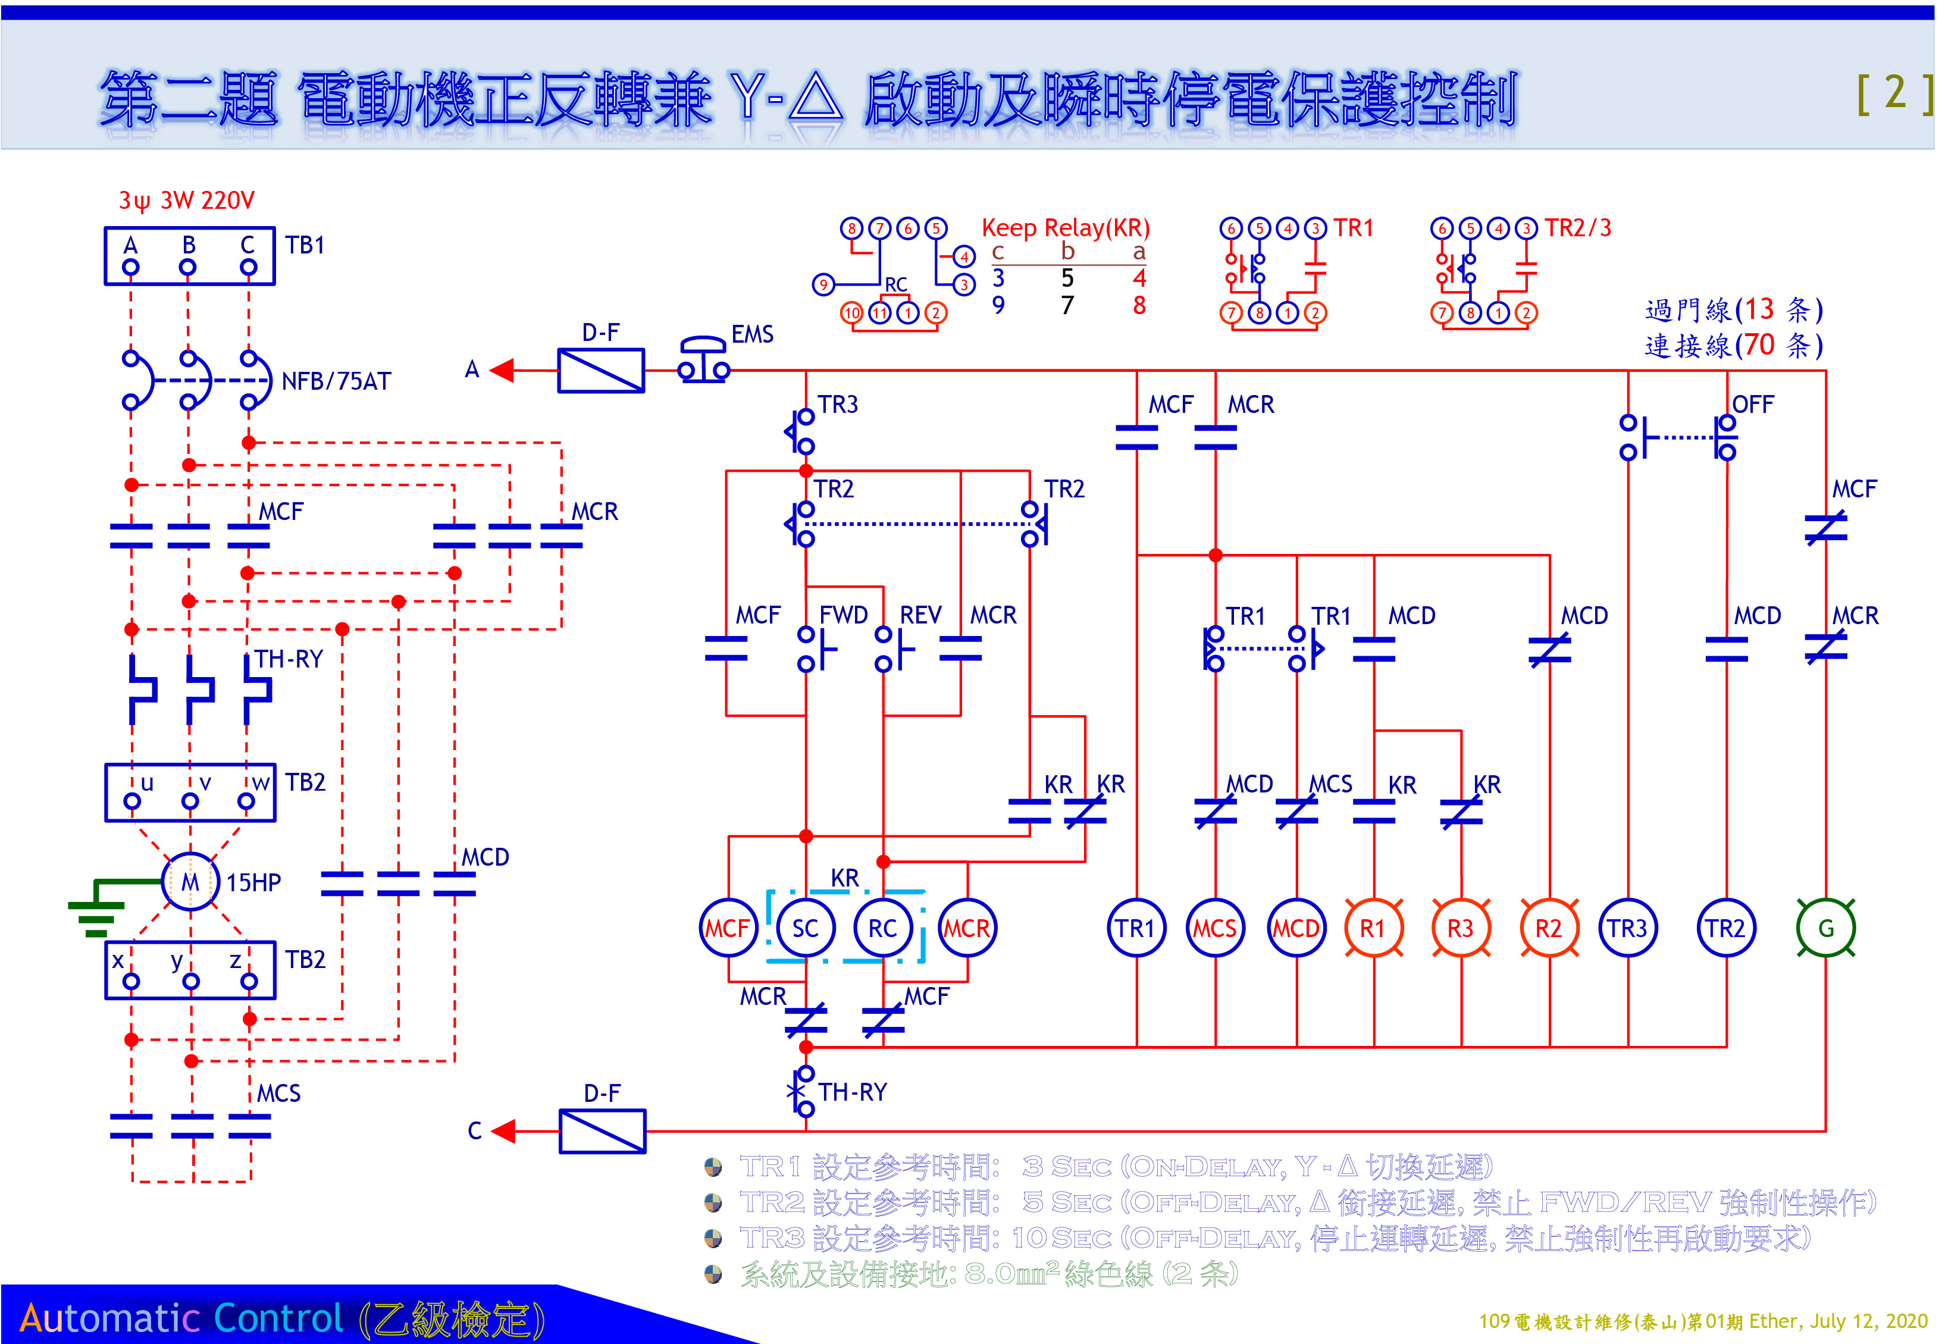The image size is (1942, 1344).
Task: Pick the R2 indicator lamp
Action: [x=1548, y=928]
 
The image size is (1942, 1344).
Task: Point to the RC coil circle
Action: [x=882, y=928]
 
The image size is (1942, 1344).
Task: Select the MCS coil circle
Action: [x=1214, y=928]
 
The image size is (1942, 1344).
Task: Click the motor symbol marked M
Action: [x=190, y=882]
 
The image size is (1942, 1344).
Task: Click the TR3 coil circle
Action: [x=1627, y=928]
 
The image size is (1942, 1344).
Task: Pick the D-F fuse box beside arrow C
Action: [x=602, y=1131]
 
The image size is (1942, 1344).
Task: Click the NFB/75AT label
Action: [x=336, y=381]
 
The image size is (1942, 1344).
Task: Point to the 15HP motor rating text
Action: [x=253, y=882]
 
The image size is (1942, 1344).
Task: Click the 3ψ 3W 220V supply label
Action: [x=186, y=200]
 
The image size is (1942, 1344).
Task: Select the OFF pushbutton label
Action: [x=1753, y=404]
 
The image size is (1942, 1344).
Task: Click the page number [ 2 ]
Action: [x=1894, y=93]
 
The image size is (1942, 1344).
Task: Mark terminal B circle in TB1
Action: [x=188, y=267]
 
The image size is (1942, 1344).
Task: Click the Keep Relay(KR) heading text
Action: [x=1066, y=227]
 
